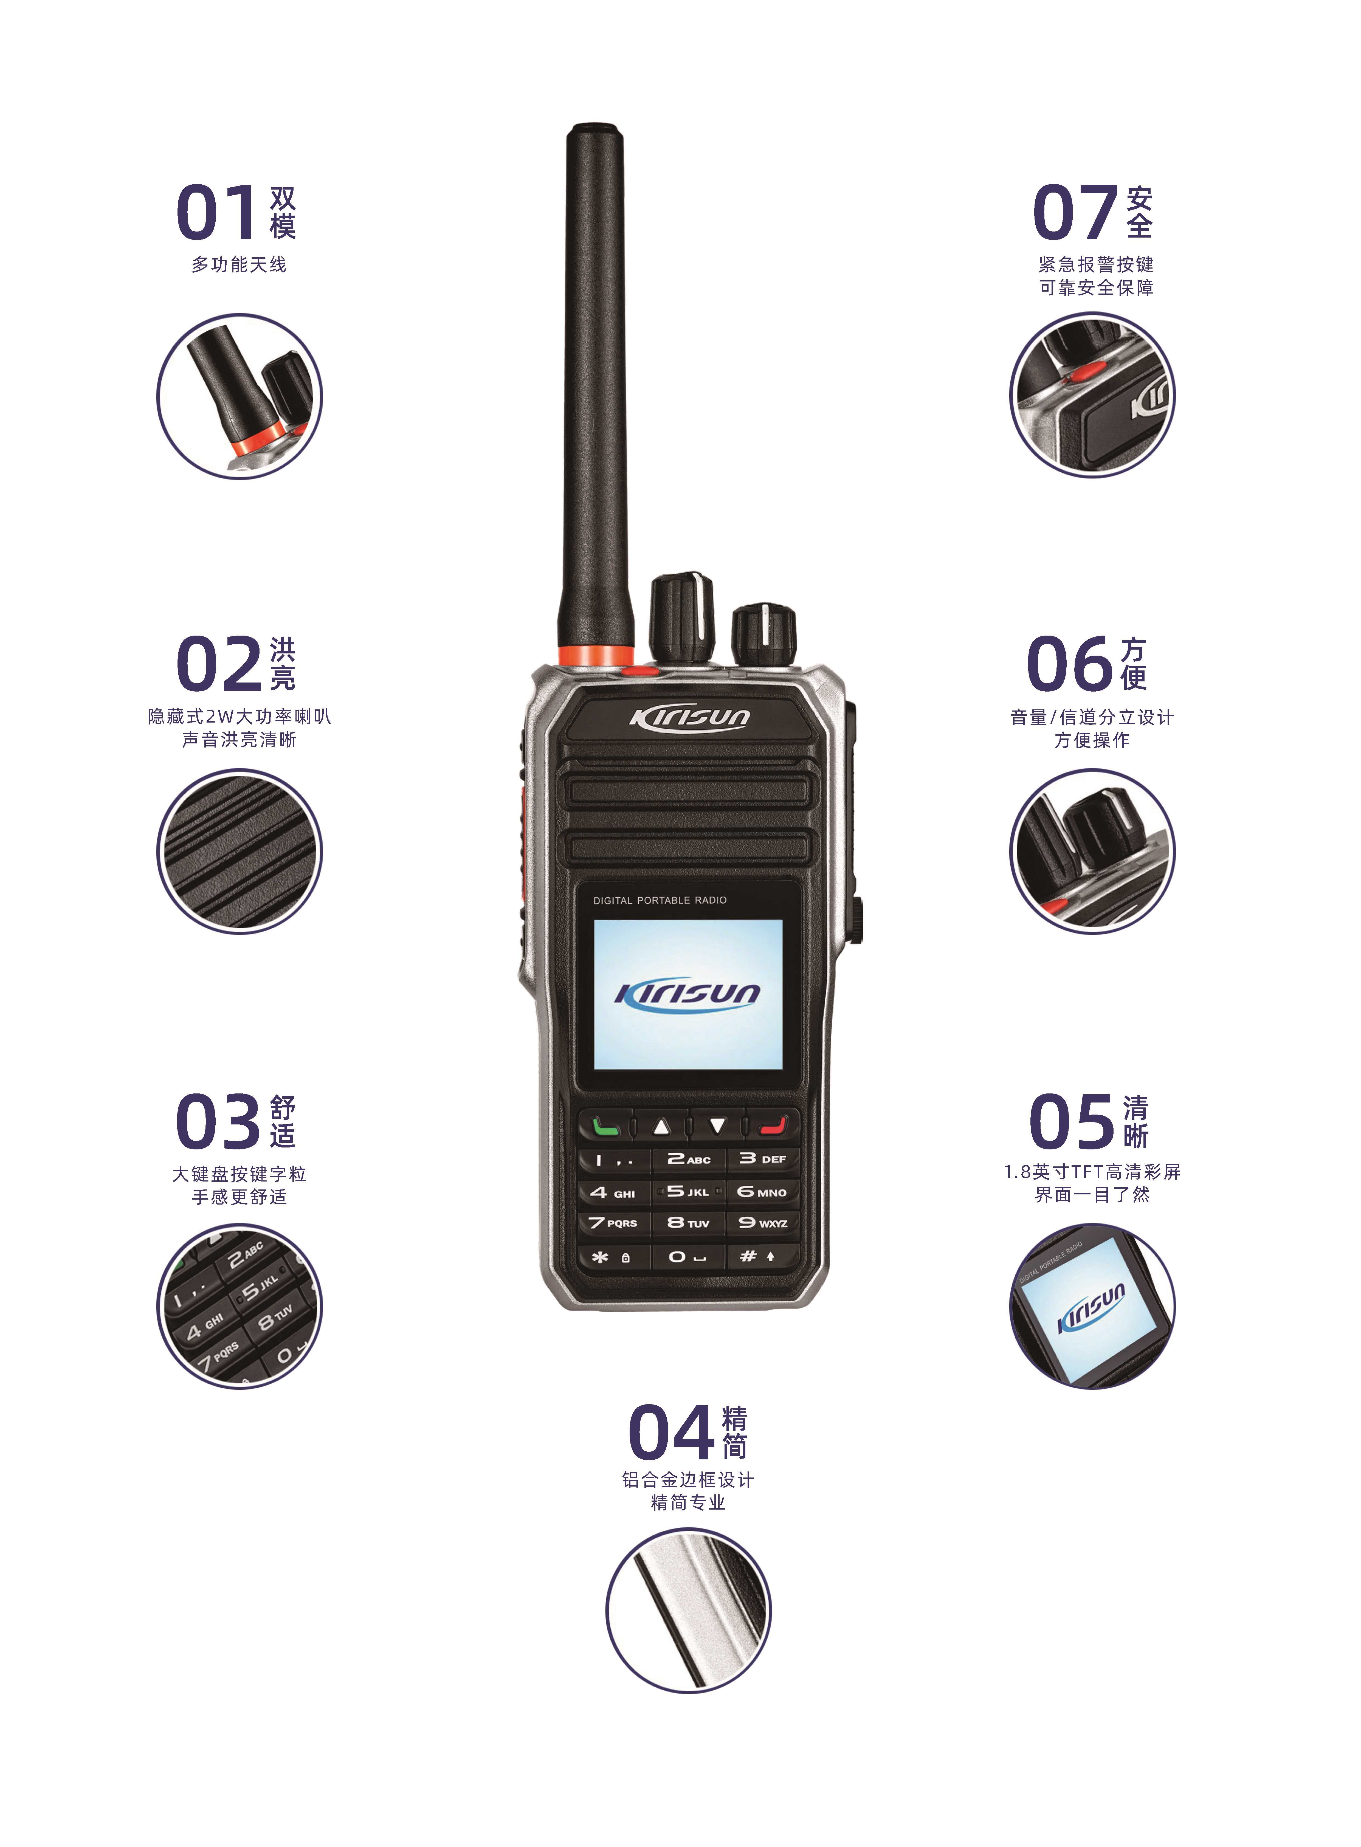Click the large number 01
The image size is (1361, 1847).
click(217, 213)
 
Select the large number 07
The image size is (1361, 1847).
click(1073, 213)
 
